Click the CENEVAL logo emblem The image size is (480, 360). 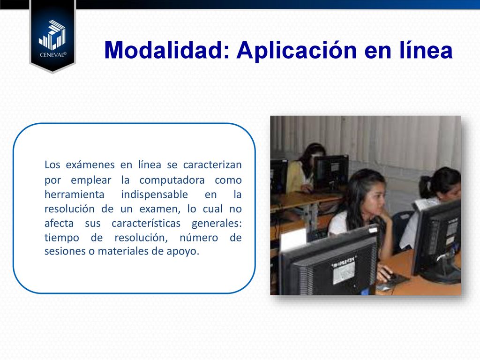tap(52, 35)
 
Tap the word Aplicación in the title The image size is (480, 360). tap(296, 51)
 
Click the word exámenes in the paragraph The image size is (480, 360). tap(90, 165)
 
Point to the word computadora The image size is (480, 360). tap(172, 180)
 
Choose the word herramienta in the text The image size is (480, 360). tap(75, 195)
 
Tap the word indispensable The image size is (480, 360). tap(155, 195)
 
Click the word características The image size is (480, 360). tap(146, 223)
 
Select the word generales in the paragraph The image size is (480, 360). tap(217, 224)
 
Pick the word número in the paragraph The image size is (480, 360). tap(199, 238)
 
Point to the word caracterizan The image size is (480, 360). tap(212, 165)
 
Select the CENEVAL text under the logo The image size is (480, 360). tap(53, 55)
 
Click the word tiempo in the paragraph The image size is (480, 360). tap(62, 238)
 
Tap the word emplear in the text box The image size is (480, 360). tap(91, 180)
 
